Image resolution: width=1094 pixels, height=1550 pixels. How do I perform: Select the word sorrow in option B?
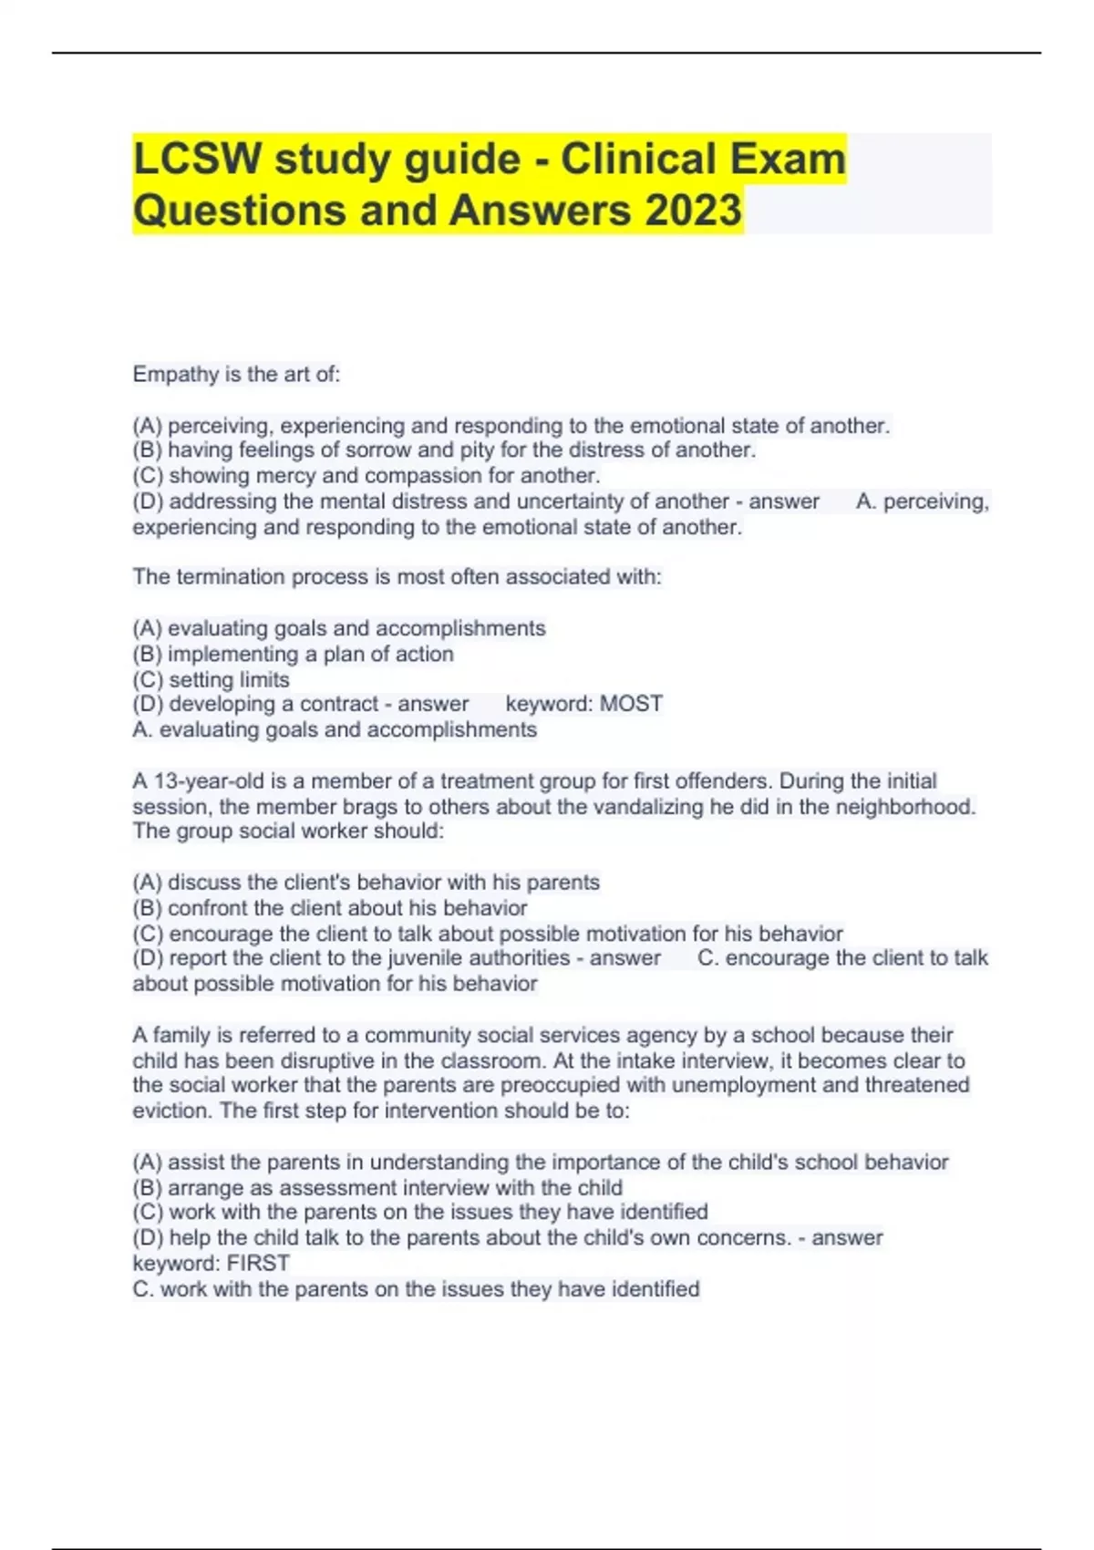(x=377, y=450)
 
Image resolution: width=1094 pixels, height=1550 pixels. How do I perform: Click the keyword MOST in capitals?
(x=631, y=704)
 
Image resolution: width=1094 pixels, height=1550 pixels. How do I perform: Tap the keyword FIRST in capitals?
(x=258, y=1264)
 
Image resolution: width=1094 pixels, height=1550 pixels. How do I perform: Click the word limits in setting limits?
(x=265, y=680)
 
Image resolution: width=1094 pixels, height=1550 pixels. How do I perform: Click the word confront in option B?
(x=209, y=908)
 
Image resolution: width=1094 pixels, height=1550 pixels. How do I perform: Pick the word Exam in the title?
(x=792, y=160)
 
